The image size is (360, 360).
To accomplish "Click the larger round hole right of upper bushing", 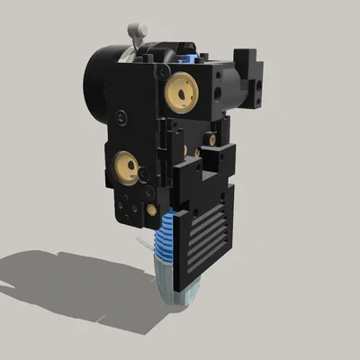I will [x=219, y=92].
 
